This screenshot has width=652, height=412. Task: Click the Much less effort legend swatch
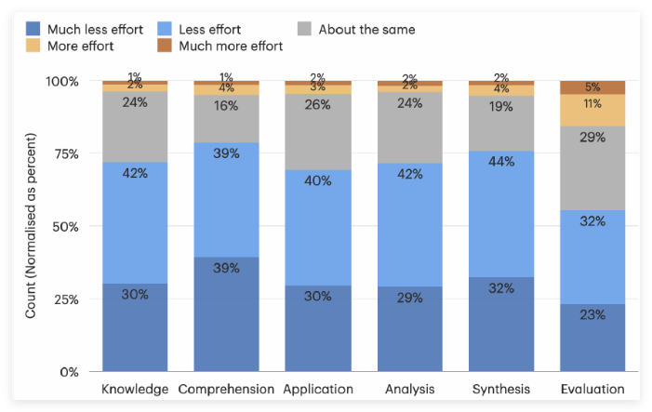coord(33,29)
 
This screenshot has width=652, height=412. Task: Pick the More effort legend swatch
coord(33,46)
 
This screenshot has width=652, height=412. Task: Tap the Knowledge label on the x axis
coord(135,389)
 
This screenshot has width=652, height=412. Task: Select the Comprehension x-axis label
coord(226,389)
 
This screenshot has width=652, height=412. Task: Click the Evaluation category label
coord(592,389)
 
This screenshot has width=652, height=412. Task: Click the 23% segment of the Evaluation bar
coord(592,337)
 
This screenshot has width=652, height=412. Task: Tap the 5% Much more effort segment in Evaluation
coord(592,87)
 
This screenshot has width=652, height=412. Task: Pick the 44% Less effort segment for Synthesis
coord(501,214)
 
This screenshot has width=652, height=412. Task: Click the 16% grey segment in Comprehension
coord(226,118)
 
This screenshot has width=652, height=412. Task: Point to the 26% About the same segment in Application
coord(317,131)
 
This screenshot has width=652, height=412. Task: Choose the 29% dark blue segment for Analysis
coord(410,329)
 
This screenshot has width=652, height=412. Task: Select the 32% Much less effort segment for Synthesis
coord(501,325)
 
